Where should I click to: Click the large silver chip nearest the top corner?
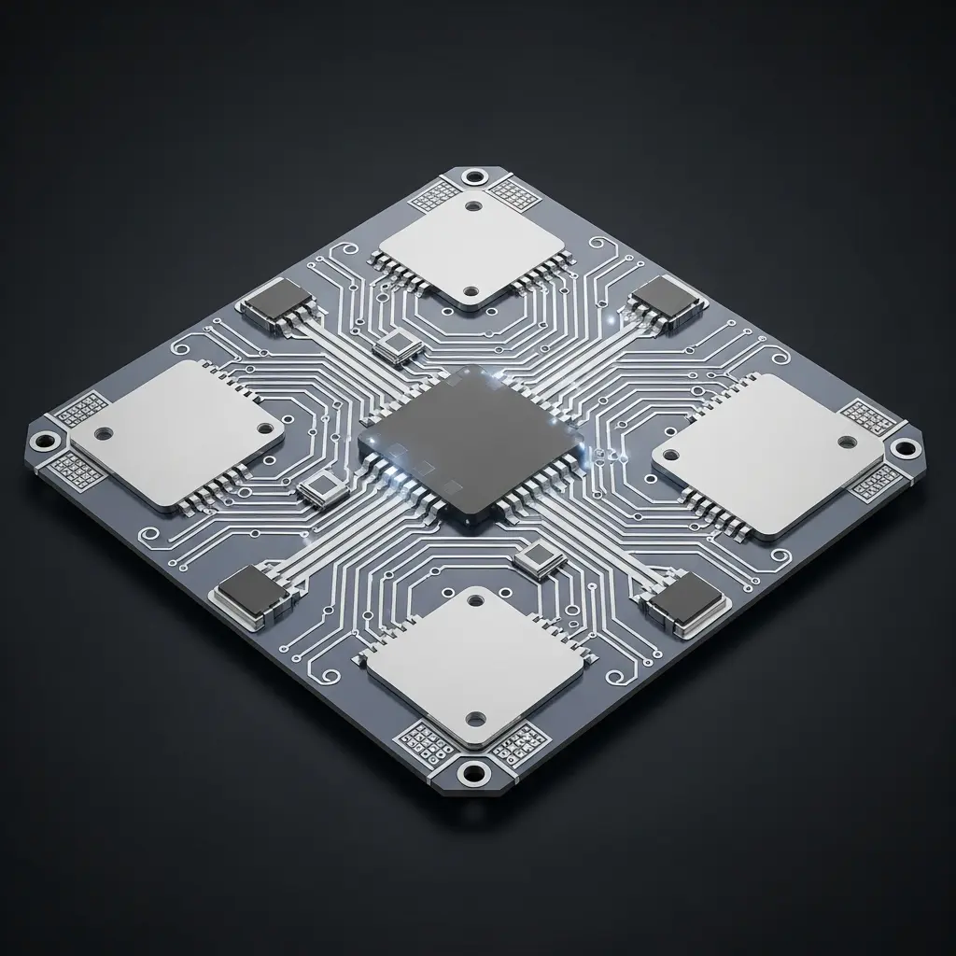(x=471, y=247)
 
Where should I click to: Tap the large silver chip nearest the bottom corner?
(x=475, y=668)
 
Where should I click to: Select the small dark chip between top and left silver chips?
(x=279, y=306)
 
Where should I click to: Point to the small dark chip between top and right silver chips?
(x=666, y=301)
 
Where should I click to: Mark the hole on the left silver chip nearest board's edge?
(x=104, y=433)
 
